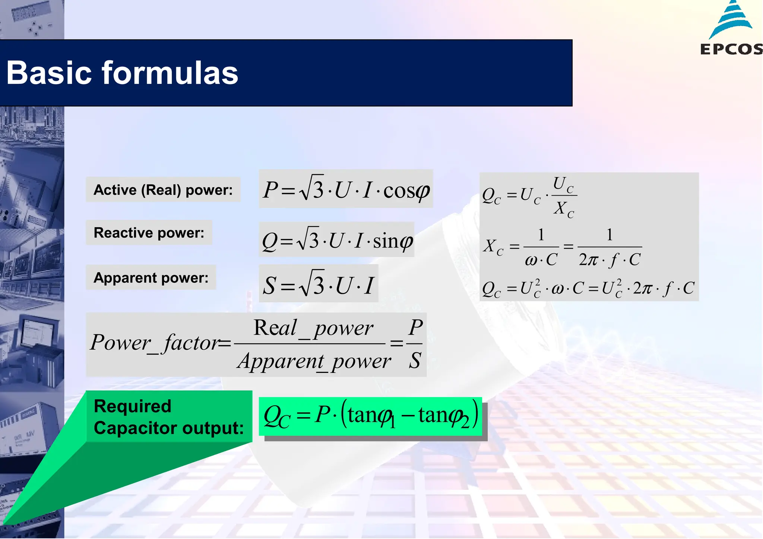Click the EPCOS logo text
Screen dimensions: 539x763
coord(731,49)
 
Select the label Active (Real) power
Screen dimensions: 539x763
coord(163,190)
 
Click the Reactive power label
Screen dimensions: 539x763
coord(149,233)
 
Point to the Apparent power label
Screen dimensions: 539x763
coord(151,278)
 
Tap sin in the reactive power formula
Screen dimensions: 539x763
coord(385,241)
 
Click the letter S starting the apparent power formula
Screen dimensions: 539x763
coord(269,286)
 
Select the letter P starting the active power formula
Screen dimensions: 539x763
coord(270,190)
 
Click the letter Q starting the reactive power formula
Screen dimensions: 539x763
coord(269,241)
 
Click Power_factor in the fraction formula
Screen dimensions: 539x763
coord(155,343)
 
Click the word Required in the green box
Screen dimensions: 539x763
coord(132,406)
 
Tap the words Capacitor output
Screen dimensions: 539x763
coord(168,428)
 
